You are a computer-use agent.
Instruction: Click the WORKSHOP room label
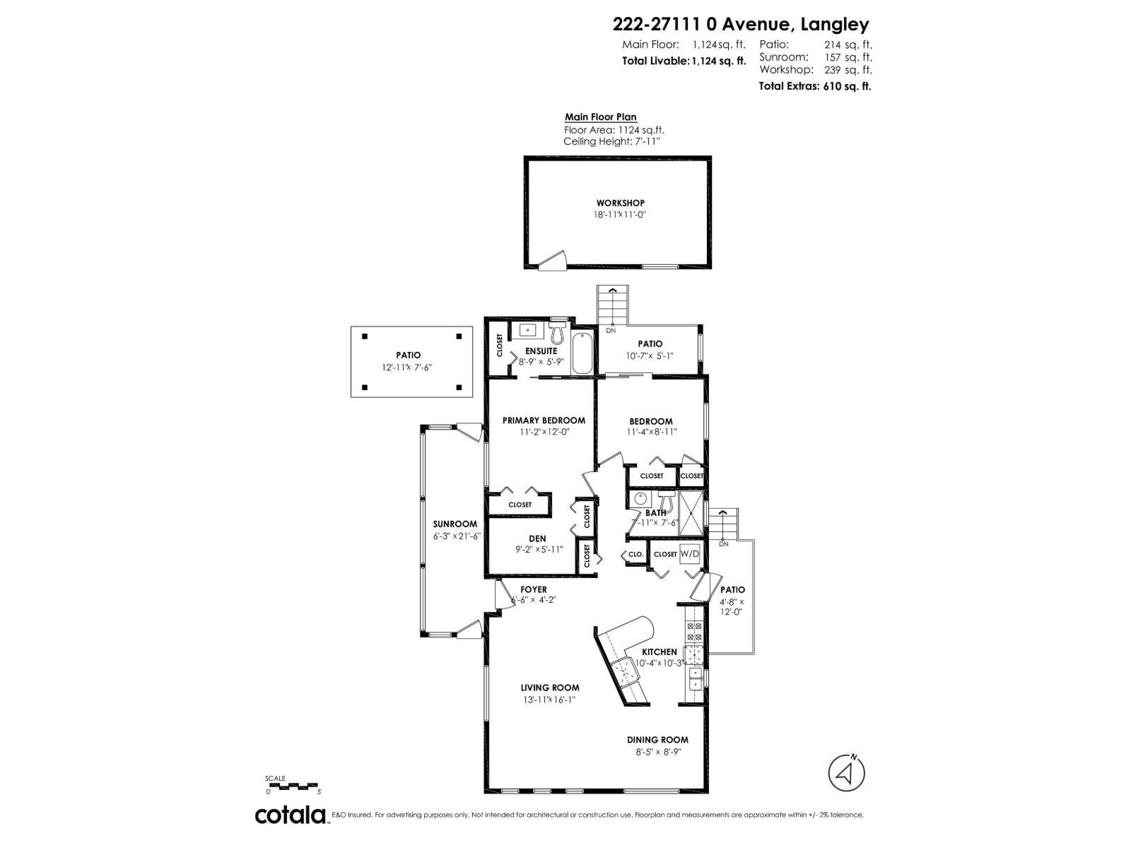620,204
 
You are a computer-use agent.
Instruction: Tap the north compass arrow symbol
847,772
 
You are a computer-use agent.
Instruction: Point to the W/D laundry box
689,554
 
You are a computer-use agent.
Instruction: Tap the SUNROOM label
455,524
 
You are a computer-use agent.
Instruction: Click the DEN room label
537,538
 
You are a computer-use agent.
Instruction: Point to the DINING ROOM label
657,740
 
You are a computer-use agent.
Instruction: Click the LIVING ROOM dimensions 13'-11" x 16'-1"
549,700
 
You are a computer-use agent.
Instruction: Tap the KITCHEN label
659,652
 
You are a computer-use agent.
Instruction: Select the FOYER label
534,589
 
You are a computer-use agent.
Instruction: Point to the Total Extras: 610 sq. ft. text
814,86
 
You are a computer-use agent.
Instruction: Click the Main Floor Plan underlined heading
600,117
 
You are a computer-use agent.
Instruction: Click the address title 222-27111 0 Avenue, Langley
740,25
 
